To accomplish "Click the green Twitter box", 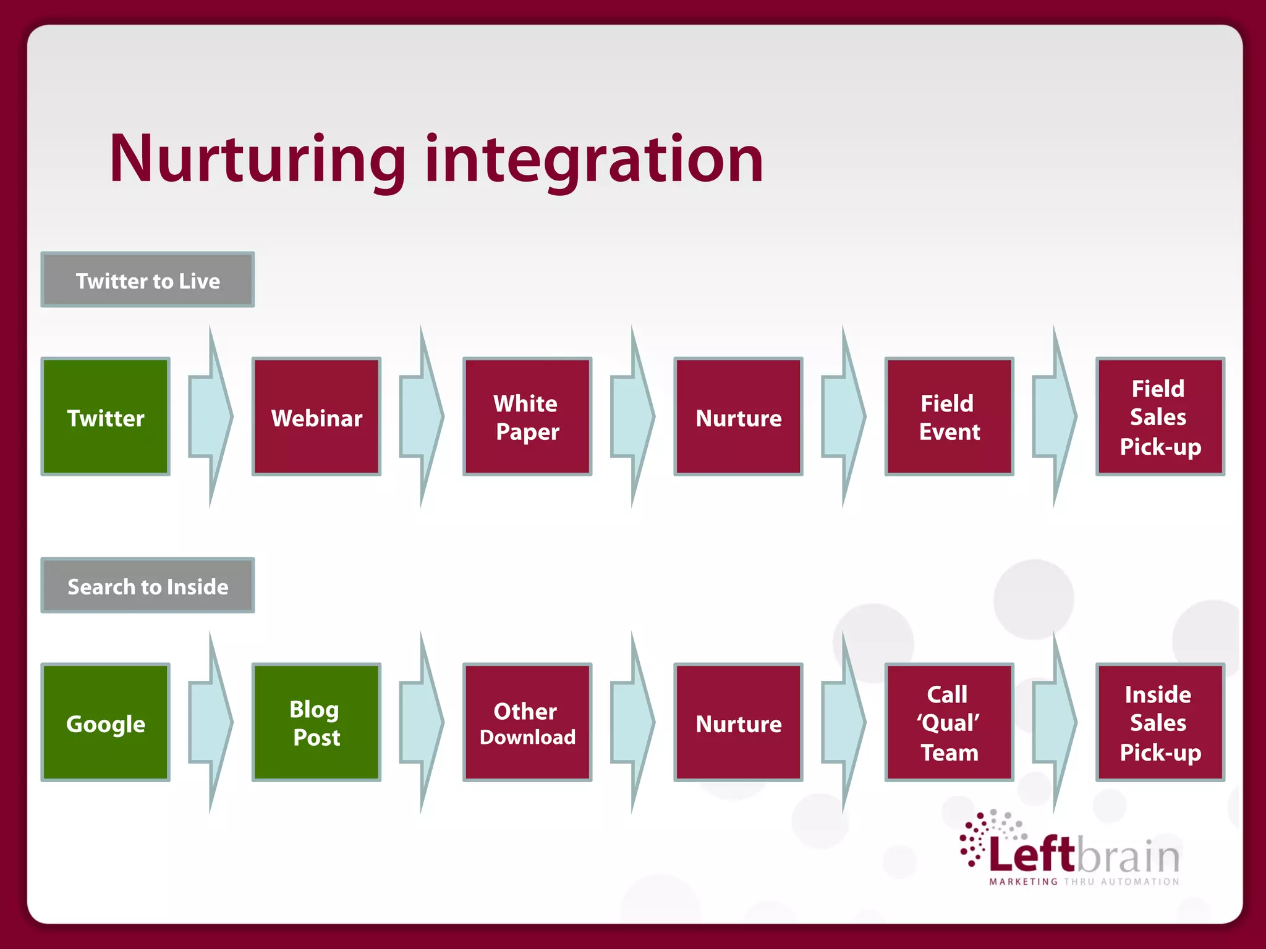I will pos(105,416).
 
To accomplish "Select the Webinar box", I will pos(316,416).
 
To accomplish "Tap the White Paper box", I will pos(527,416).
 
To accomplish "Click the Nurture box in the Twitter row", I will pos(738,416).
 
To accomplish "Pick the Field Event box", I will pos(949,416).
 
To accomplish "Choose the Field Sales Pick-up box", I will pos(1160,416).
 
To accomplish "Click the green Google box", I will pos(105,722).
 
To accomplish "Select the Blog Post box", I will pos(316,722).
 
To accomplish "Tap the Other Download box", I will pos(527,722).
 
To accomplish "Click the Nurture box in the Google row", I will pos(738,722).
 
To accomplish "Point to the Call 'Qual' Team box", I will pos(949,722).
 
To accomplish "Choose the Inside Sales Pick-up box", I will pos(1160,722).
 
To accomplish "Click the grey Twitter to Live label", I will pos(148,280).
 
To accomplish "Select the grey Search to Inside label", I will pos(148,586).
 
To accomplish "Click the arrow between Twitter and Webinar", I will pos(210,416).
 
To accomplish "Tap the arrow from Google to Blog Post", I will pos(210,722).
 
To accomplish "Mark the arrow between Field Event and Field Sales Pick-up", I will pos(1055,416).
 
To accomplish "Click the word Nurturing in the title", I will pos(257,159).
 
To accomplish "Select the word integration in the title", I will pos(594,159).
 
